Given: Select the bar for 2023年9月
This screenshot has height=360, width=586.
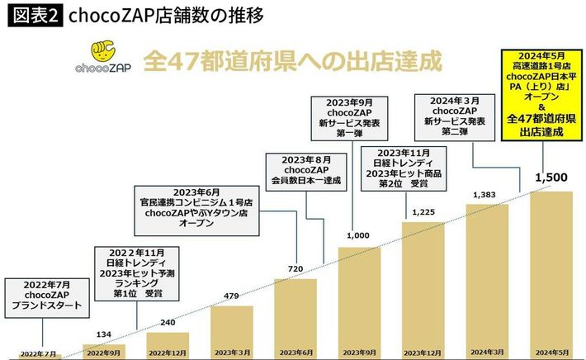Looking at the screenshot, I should (x=359, y=297).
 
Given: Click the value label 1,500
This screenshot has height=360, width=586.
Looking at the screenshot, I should (x=551, y=178).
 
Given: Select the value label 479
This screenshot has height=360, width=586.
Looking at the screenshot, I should (x=231, y=296).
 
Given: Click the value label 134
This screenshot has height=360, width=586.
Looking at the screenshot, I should (x=103, y=334).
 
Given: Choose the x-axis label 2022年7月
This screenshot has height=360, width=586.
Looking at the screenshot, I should (x=39, y=353).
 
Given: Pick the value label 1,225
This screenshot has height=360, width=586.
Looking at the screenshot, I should (x=423, y=212).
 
